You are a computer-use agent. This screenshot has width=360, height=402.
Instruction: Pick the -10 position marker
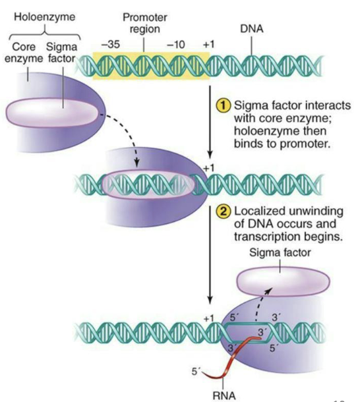click(x=175, y=44)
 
